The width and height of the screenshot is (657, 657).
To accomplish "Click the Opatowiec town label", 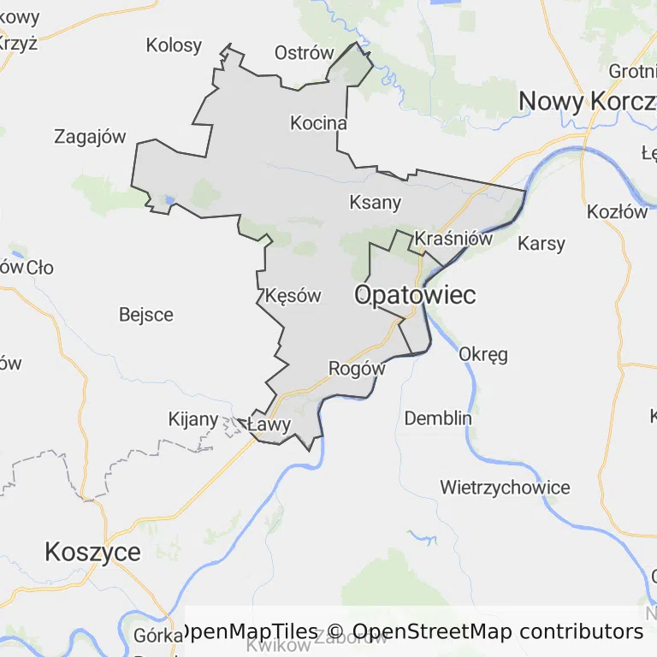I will [x=415, y=295].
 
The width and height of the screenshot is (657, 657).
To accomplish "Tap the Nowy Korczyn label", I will [x=587, y=101].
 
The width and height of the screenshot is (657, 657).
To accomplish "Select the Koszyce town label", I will [x=92, y=552].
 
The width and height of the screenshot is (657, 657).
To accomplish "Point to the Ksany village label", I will [x=376, y=203].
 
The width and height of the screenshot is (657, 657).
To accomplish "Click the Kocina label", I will [x=318, y=123].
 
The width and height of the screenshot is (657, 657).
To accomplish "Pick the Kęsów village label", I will [x=293, y=296].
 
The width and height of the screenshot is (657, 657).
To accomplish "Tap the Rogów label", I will [x=357, y=369].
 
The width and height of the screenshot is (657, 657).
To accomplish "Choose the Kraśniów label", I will [x=453, y=239].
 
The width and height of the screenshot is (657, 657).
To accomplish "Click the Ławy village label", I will [x=269, y=424].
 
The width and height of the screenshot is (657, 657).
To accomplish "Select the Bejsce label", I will [x=146, y=315].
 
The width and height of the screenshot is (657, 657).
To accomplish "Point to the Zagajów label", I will [x=90, y=136].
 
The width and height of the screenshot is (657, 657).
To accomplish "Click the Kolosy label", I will [x=174, y=45].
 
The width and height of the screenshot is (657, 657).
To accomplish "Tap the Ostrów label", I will [x=304, y=53].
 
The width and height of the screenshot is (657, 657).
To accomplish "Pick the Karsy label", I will [x=542, y=244].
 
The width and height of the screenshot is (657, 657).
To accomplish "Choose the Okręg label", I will [x=483, y=353].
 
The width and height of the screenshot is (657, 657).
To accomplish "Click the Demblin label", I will [x=438, y=418].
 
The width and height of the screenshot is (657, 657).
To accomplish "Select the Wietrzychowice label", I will [x=505, y=488].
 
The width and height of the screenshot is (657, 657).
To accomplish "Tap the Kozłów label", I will [x=618, y=212].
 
